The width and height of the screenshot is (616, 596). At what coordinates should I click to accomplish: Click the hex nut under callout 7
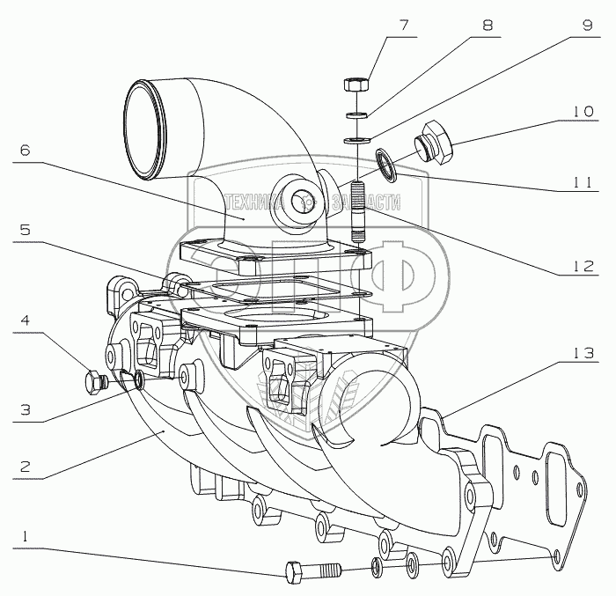[x=356, y=86]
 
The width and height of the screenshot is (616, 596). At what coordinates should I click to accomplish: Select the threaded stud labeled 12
[x=358, y=210]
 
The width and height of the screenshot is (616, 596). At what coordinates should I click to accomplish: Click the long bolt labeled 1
[x=312, y=570]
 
